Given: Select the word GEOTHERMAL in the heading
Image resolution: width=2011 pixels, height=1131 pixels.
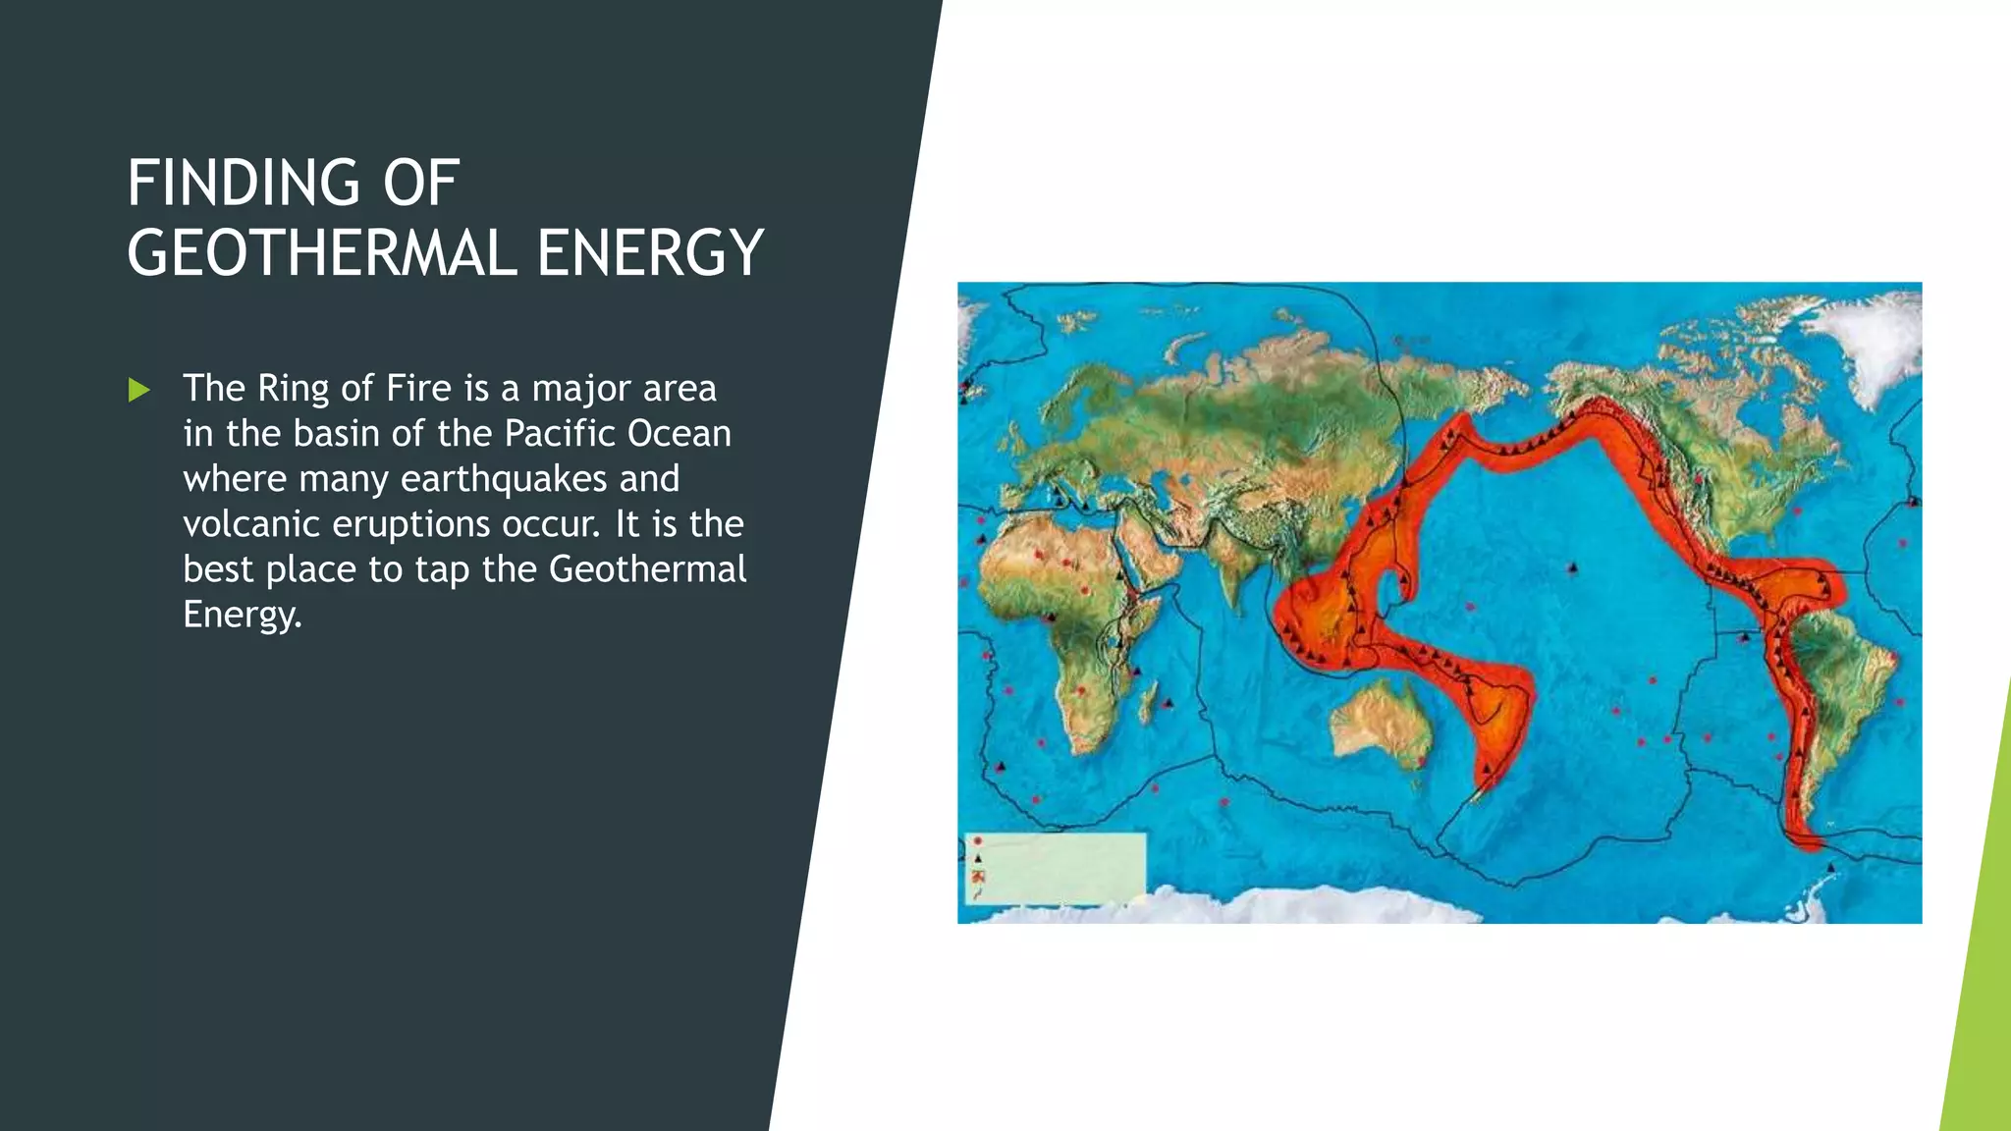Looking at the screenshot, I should coord(321,253).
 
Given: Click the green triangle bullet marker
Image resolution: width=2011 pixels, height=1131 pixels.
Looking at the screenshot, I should coord(139,391).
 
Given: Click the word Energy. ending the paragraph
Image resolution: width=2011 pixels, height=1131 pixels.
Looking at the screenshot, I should coord(242,615).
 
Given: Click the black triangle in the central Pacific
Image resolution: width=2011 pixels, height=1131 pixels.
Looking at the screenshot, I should coord(1572,567).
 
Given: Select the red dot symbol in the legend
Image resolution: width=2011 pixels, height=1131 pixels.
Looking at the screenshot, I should coord(978,842).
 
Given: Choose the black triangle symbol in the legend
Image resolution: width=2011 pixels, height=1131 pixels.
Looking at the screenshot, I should coord(978,859).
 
